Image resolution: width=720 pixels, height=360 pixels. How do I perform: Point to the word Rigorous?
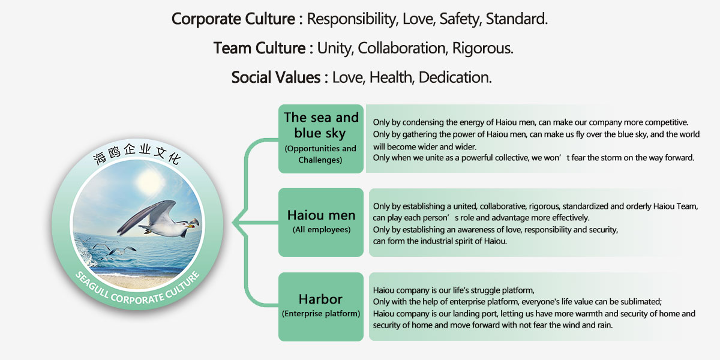click(483, 48)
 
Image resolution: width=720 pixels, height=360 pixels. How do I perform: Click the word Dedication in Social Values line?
click(455, 77)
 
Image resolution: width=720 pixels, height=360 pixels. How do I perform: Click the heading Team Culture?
click(259, 48)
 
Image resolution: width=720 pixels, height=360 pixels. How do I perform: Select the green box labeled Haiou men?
click(321, 222)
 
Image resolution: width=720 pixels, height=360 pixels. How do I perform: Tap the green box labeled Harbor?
click(321, 307)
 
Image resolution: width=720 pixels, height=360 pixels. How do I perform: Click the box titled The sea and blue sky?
click(321, 139)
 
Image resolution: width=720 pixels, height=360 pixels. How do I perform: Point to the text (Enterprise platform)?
click(321, 313)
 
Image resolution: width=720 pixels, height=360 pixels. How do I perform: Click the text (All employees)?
click(322, 229)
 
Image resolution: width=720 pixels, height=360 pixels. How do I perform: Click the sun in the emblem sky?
click(150, 182)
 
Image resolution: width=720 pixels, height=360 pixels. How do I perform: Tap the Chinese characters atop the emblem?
click(137, 154)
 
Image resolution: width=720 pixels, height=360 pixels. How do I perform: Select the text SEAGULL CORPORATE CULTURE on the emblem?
click(137, 290)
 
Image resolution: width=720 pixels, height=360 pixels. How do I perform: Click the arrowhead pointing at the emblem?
click(237, 222)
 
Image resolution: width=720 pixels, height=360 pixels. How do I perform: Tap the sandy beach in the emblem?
click(135, 281)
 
